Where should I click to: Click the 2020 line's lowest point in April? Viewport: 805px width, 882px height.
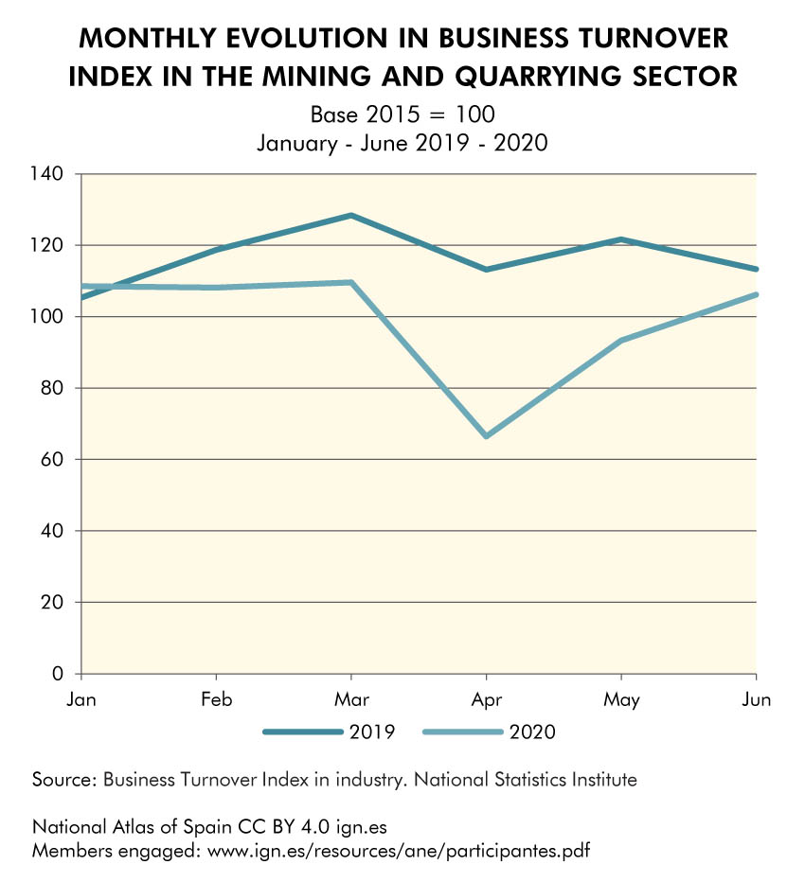(x=486, y=436)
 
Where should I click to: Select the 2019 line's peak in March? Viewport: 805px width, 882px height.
(x=351, y=216)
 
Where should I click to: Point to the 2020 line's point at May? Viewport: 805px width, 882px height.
(x=621, y=340)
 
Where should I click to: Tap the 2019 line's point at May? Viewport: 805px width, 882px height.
(x=621, y=239)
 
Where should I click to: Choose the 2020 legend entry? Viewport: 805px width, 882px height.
(x=489, y=732)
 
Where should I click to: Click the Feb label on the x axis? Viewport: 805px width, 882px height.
(x=217, y=700)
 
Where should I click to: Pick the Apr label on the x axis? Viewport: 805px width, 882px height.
(x=486, y=700)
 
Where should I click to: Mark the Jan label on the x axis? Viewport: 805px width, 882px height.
(x=82, y=700)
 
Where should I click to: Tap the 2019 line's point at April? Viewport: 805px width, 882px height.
(x=486, y=270)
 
